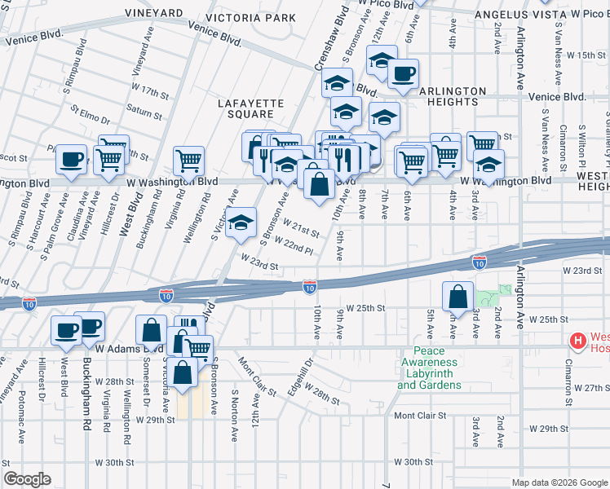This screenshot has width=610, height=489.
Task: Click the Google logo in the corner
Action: tap(27, 479)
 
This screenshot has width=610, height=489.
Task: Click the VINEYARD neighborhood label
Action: tap(153, 14)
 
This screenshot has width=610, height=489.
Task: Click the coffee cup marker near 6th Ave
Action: tap(402, 75)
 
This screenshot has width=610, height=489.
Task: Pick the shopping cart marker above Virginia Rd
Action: tap(189, 160)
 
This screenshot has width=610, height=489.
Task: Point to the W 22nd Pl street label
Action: tap(294, 244)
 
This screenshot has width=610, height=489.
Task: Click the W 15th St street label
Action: tap(587, 55)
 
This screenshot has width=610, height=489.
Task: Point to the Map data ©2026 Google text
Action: tap(558, 482)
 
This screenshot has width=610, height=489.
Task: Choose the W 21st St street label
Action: tap(301, 227)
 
